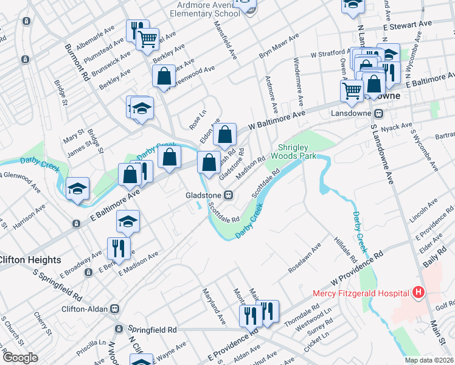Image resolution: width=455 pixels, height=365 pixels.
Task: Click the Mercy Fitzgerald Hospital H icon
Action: point(418,293)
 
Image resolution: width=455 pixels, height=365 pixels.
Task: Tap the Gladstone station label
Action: point(204,195)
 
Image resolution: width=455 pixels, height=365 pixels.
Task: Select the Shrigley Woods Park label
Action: point(298,151)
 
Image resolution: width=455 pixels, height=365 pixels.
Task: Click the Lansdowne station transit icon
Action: point(378,113)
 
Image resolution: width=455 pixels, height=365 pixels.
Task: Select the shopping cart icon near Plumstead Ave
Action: point(147,40)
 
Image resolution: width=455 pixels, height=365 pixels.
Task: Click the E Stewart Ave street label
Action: point(407,24)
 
